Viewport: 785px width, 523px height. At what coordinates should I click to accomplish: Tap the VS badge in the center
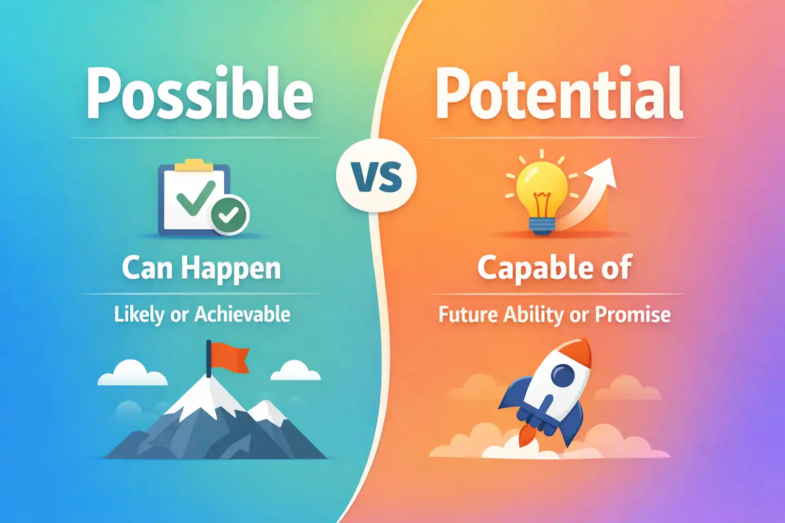point(377,176)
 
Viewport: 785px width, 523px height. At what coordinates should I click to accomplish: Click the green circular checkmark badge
point(229,215)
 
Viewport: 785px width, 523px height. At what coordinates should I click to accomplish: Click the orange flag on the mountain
point(230,355)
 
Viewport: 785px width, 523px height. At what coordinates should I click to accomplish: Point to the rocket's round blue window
point(563,377)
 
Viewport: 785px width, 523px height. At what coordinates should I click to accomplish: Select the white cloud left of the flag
point(132,374)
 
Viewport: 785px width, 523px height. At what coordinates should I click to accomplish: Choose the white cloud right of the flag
point(295,372)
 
